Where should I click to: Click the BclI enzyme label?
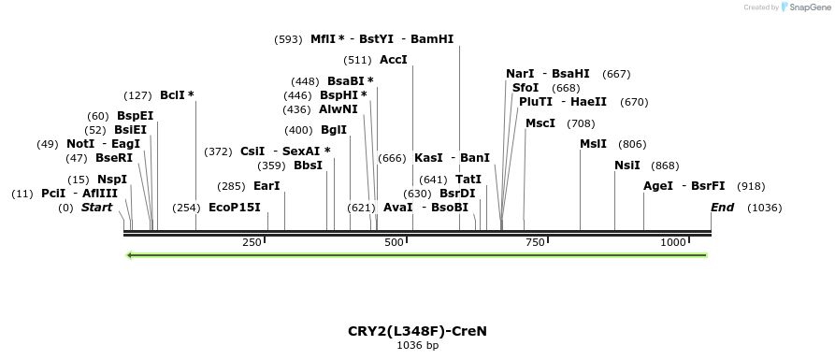click(x=173, y=94)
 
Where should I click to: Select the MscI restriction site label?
click(x=540, y=122)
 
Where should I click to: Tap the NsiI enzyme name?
click(x=627, y=165)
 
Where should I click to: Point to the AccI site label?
click(x=394, y=59)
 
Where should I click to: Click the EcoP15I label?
click(x=234, y=207)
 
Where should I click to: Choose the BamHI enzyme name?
click(x=432, y=39)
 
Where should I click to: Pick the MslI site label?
click(x=594, y=143)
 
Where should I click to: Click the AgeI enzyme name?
click(x=658, y=185)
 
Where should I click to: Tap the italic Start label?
click(x=96, y=207)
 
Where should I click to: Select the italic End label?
click(x=722, y=207)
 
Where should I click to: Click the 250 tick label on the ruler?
click(x=252, y=242)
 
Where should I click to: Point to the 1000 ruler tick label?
click(x=673, y=242)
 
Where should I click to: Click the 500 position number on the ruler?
click(x=393, y=242)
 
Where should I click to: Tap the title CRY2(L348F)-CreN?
click(x=417, y=330)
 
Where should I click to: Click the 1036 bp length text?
click(x=417, y=345)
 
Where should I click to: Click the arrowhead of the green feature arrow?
click(x=131, y=254)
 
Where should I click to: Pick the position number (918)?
click(x=752, y=186)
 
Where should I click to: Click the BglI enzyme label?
click(x=334, y=130)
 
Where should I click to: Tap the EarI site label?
click(x=266, y=186)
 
